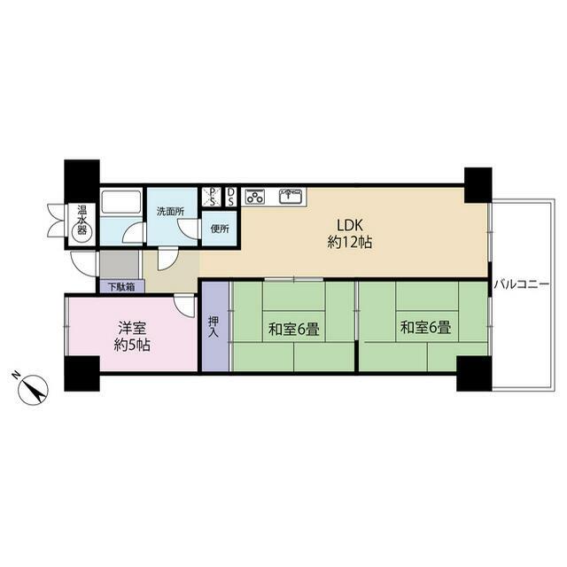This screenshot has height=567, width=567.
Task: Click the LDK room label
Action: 350,234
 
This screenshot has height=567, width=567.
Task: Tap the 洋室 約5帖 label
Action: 132,337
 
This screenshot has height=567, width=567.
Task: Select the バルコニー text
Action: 522,284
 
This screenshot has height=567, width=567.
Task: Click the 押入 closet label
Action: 214,327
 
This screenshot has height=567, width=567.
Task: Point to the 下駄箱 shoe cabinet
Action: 122,287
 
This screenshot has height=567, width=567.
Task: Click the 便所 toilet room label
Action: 220,229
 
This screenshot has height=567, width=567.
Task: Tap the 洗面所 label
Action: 170,212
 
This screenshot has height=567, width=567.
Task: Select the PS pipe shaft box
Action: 211,197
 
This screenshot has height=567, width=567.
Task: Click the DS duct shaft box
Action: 230,197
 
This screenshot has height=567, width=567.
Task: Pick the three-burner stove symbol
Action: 255,198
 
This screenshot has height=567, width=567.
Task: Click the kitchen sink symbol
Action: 291,197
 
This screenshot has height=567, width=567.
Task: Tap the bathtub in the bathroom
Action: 120,202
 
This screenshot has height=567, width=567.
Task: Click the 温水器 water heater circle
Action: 82,230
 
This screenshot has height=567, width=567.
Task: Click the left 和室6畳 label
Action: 293,330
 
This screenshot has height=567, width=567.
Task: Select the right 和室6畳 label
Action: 425,328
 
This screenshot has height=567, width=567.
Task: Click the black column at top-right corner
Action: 478,185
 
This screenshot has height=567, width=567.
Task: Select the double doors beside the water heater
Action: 56,221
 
